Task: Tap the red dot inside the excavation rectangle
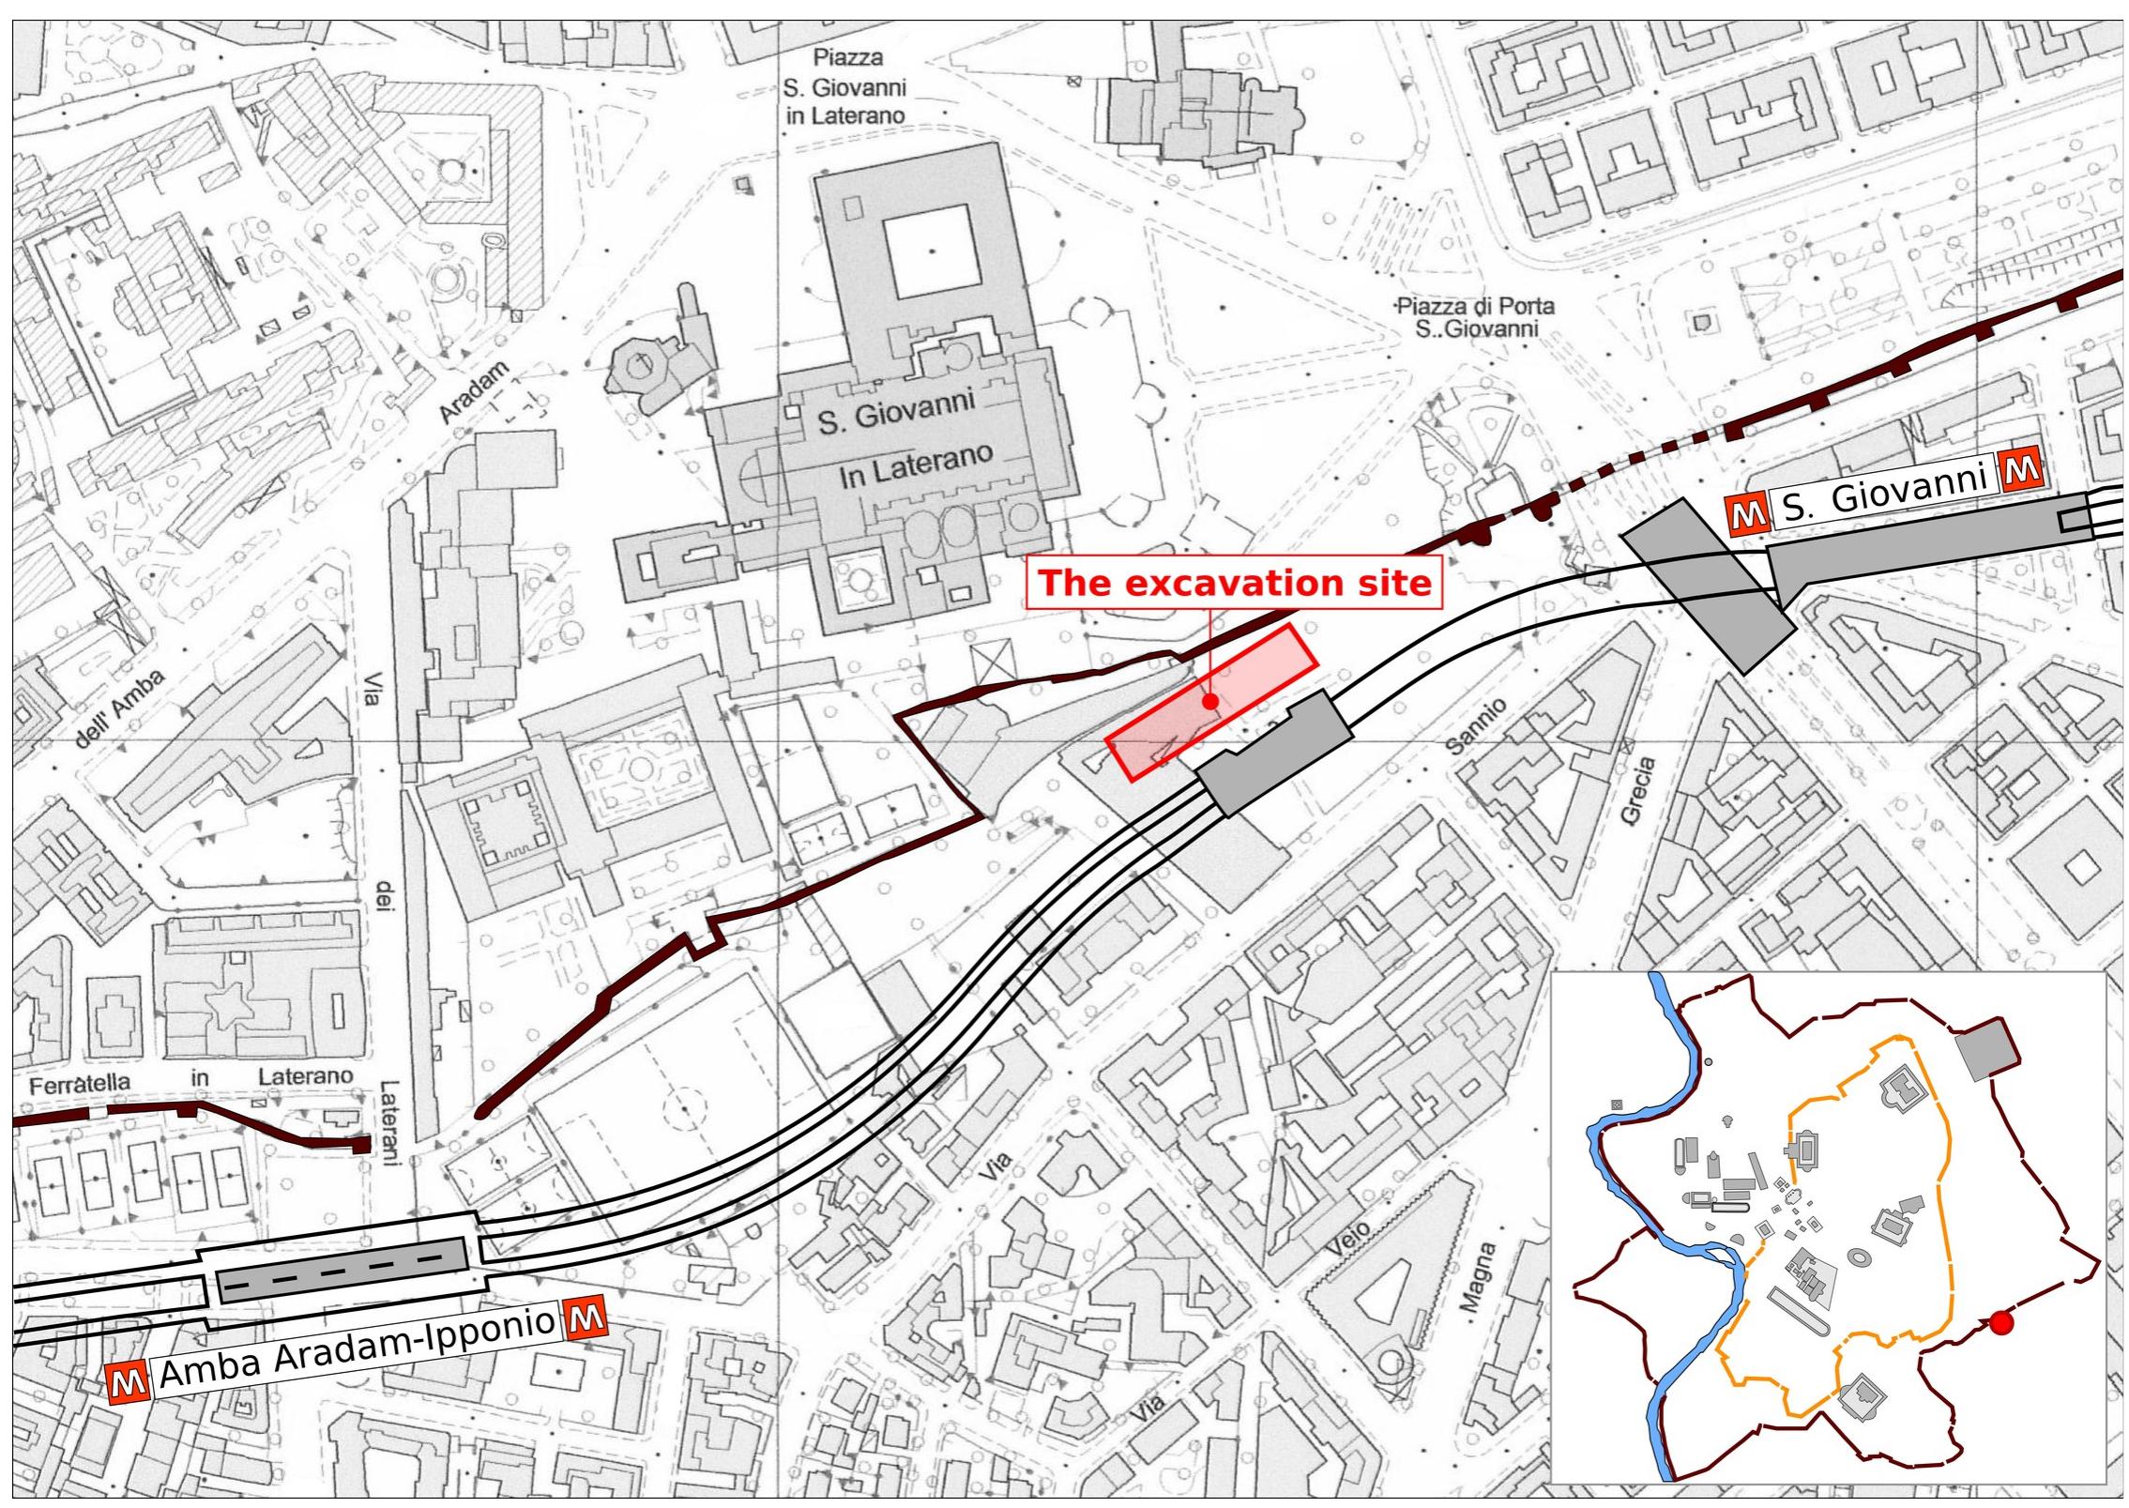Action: point(1210,701)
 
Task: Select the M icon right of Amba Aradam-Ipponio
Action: point(584,1318)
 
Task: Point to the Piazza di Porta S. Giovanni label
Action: point(1475,317)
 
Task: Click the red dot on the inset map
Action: point(2002,1322)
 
